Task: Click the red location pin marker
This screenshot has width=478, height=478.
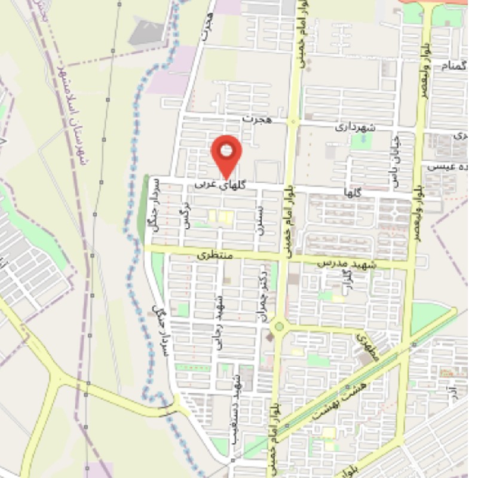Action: point(226,152)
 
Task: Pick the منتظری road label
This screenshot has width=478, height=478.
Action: point(213,255)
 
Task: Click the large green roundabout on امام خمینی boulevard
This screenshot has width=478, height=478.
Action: point(278,327)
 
